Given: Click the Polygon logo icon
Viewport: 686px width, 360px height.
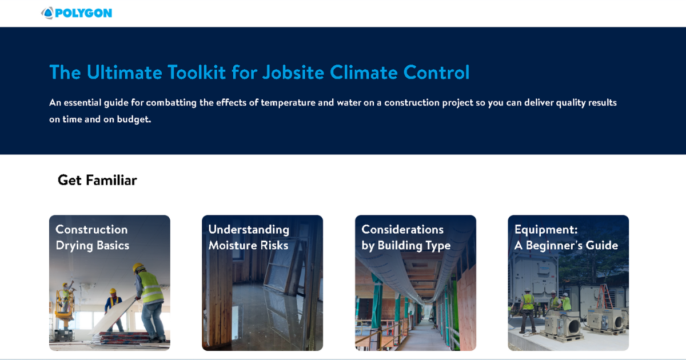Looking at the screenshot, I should click(47, 13).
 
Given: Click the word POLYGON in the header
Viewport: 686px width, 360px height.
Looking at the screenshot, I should click(83, 13).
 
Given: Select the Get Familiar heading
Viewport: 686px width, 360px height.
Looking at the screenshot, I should click(97, 181).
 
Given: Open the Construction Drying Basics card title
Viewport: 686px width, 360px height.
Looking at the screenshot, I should click(92, 237).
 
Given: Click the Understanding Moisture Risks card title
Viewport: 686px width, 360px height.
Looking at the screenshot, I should click(249, 237).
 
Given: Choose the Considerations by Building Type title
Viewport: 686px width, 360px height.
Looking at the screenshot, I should click(406, 237).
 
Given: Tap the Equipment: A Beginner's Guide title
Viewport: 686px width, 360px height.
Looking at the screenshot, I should click(566, 237).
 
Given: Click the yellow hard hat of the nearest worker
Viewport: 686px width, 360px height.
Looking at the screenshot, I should click(138, 267).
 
